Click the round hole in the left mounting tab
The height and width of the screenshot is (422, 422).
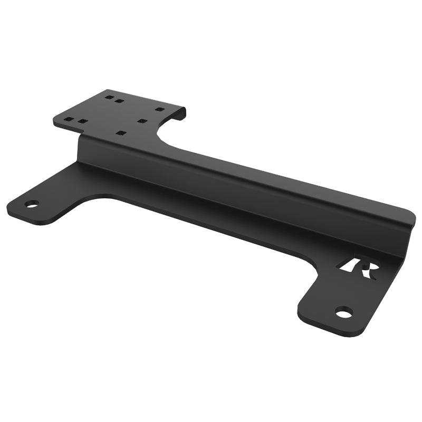pos(32,204)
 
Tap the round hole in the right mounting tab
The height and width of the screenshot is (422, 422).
pos(343,313)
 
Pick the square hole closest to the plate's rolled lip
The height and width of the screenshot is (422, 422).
pos(159,109)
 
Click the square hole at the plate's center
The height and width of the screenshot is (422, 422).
pos(141,121)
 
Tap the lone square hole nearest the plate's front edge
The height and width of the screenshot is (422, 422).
pos(121,132)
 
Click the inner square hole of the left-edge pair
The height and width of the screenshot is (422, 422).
pos(82,122)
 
